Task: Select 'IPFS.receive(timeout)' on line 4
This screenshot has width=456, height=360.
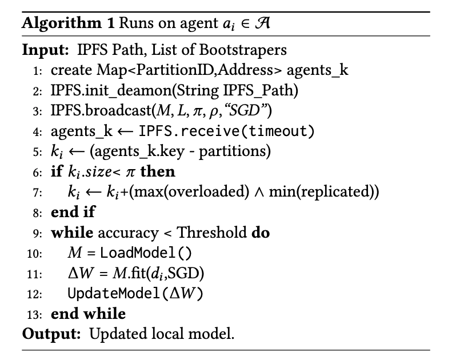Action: (x=225, y=131)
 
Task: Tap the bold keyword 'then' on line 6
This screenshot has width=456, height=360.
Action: (x=158, y=171)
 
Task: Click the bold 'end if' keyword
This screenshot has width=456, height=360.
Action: (x=73, y=212)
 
